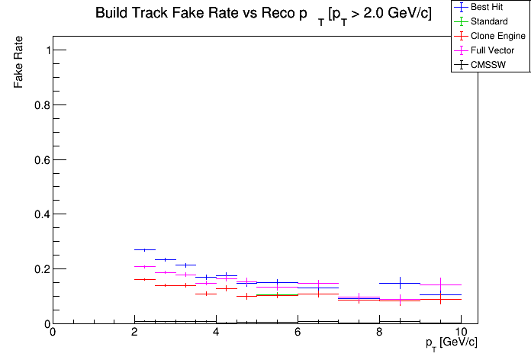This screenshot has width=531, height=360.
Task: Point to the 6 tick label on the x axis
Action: click(x=298, y=333)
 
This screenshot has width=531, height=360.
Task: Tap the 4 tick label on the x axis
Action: click(x=216, y=333)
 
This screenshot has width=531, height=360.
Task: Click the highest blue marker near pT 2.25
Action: click(x=145, y=249)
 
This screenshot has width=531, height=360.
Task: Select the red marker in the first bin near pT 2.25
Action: click(x=145, y=279)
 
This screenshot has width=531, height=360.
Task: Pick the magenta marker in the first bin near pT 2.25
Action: click(x=145, y=266)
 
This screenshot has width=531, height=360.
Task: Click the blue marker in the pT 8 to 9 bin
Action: click(x=400, y=283)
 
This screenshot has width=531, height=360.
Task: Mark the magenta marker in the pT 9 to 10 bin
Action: click(x=441, y=284)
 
